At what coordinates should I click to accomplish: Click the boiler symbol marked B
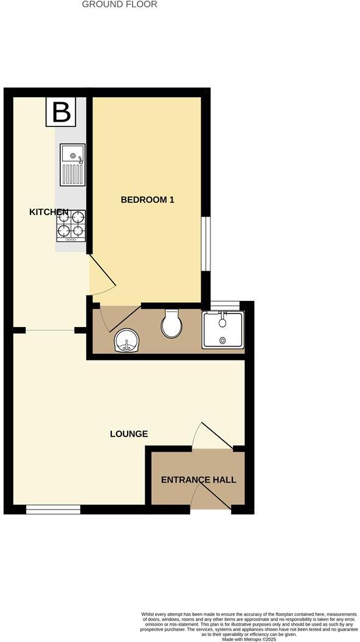tap(61, 112)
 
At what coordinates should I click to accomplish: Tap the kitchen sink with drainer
tap(72, 165)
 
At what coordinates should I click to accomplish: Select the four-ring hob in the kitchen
tap(71, 224)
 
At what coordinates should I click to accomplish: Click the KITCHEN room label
tap(49, 212)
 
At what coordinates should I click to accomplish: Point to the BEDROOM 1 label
tap(147, 199)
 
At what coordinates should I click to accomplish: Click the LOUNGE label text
tap(128, 433)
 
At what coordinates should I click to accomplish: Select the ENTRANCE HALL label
tap(198, 480)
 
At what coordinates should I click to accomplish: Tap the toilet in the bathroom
tap(171, 323)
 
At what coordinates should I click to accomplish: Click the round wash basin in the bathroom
tap(126, 340)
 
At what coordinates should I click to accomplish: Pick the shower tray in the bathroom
tap(223, 330)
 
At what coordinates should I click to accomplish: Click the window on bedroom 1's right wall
tap(207, 243)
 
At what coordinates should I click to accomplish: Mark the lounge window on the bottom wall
tap(53, 510)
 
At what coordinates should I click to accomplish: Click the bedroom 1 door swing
tap(101, 277)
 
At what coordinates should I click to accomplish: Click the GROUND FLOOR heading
tap(119, 4)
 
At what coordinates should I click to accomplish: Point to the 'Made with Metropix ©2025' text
tap(249, 639)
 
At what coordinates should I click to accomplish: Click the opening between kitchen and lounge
tap(50, 330)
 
